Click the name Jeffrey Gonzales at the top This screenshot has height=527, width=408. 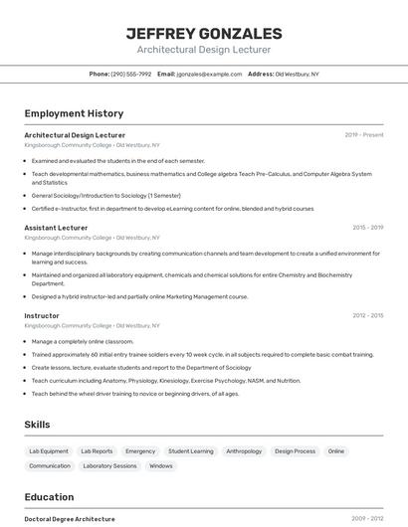point(204,33)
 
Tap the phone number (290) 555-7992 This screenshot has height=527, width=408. point(130,74)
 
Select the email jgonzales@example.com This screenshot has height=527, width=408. point(209,74)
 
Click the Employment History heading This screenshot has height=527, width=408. point(74,113)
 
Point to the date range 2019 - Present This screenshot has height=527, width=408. point(364,135)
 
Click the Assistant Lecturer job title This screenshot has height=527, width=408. point(56,228)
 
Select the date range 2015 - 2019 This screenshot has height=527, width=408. point(367,228)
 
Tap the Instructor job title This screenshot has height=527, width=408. point(42,316)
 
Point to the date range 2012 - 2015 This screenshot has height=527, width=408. point(367,316)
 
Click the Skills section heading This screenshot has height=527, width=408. point(37,425)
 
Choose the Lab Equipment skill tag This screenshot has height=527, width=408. point(49,451)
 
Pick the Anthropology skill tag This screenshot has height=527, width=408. point(244,451)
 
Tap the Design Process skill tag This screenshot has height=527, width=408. point(295,451)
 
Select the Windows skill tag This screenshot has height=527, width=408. point(161,465)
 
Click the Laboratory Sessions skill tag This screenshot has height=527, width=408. point(109,465)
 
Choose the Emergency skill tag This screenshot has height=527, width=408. point(140,451)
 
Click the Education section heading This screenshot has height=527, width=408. point(49,497)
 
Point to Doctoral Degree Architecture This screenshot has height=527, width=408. point(70,519)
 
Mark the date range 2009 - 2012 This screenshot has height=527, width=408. point(367,519)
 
